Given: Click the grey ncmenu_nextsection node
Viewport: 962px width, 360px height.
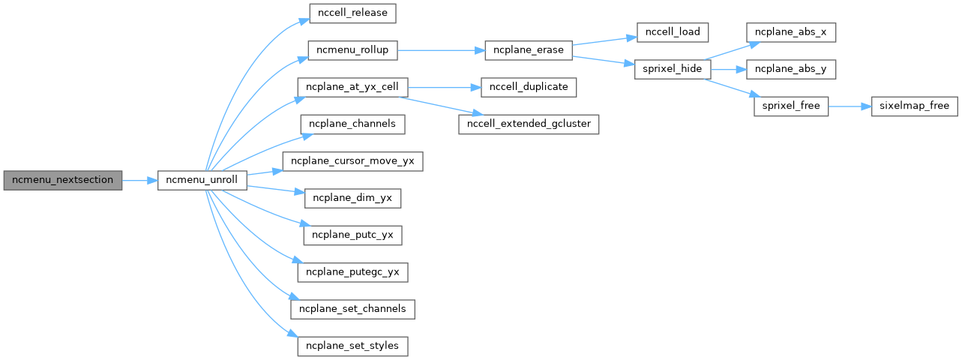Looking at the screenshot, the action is [x=63, y=181].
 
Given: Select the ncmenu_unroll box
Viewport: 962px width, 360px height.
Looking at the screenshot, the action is [x=202, y=181].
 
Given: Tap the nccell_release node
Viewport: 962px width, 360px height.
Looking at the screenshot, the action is [x=352, y=13].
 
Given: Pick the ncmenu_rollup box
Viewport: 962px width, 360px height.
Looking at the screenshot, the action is [x=352, y=50].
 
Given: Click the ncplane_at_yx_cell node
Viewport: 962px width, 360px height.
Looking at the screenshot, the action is [x=352, y=87].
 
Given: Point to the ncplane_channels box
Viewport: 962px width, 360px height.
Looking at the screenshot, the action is [x=352, y=124].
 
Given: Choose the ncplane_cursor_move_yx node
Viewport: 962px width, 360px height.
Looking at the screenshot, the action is [x=352, y=161].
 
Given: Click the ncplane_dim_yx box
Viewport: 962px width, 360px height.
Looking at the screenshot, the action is [x=352, y=198].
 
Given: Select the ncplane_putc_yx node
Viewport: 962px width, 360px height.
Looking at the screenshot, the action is [x=352, y=235].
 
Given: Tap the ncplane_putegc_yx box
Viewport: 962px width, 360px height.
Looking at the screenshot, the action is [x=352, y=272].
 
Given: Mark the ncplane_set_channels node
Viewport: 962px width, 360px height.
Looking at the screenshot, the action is [x=352, y=309].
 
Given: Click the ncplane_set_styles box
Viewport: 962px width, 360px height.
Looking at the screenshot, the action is [x=352, y=346].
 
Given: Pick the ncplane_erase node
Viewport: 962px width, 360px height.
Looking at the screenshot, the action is [x=529, y=50].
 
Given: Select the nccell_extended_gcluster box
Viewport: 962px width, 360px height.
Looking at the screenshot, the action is [x=529, y=124].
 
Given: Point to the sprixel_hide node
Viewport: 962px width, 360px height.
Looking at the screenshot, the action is [x=673, y=69].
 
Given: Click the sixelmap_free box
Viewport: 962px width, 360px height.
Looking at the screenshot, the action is [x=914, y=106].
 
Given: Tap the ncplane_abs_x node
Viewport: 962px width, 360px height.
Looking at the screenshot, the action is [x=791, y=32].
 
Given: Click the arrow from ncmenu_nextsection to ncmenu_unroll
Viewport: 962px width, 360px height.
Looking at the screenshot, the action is [x=140, y=181].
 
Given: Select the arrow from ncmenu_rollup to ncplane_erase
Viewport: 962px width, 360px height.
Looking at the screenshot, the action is [x=441, y=50].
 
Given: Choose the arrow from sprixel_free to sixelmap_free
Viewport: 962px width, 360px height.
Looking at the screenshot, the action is [x=850, y=106].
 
